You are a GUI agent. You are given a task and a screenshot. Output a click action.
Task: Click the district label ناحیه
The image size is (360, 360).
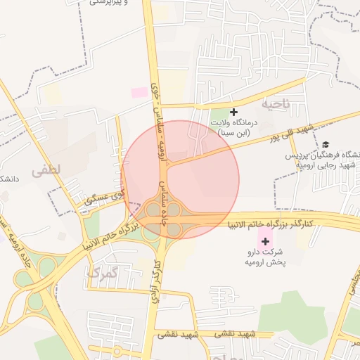[x=275, y=104]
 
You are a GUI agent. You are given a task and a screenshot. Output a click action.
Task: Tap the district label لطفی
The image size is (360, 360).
[x=46, y=169]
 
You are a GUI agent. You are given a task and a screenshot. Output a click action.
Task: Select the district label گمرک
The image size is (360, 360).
[x=101, y=272]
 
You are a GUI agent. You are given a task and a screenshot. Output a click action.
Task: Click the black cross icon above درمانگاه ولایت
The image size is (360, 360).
[x=234, y=112]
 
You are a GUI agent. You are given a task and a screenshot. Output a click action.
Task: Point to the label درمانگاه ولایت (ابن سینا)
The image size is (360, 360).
[x=235, y=127]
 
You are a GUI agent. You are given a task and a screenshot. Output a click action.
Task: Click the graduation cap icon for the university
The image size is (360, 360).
[x=325, y=144]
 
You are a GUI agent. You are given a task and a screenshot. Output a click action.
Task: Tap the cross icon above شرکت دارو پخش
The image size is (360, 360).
[x=265, y=241]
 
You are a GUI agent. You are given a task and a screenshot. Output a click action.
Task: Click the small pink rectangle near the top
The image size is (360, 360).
[x=140, y=92]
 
